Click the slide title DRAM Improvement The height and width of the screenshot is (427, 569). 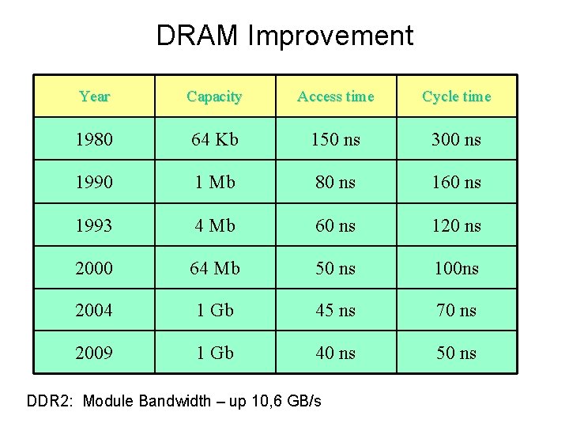click(284, 36)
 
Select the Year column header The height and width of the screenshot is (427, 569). click(94, 96)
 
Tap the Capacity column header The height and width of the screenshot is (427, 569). click(214, 96)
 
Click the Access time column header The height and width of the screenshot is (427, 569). click(335, 96)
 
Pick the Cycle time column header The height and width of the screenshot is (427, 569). click(456, 96)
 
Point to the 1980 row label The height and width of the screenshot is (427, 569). click(94, 140)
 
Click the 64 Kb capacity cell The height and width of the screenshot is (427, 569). click(214, 140)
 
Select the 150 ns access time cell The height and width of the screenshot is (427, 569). click(335, 140)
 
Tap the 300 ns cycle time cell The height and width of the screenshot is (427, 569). click(456, 140)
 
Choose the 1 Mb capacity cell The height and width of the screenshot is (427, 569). click(214, 183)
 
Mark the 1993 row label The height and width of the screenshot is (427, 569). click(94, 225)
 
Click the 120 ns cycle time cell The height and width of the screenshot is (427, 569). click(456, 225)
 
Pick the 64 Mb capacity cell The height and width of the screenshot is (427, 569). click(214, 268)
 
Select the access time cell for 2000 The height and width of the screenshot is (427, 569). click(335, 268)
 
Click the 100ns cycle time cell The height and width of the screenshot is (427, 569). click(456, 268)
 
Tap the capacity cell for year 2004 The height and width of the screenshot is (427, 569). click(214, 311)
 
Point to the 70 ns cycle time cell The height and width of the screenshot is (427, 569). click(456, 311)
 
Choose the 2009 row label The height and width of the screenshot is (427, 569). click(94, 353)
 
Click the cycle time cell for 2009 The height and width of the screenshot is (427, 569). click(456, 353)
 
